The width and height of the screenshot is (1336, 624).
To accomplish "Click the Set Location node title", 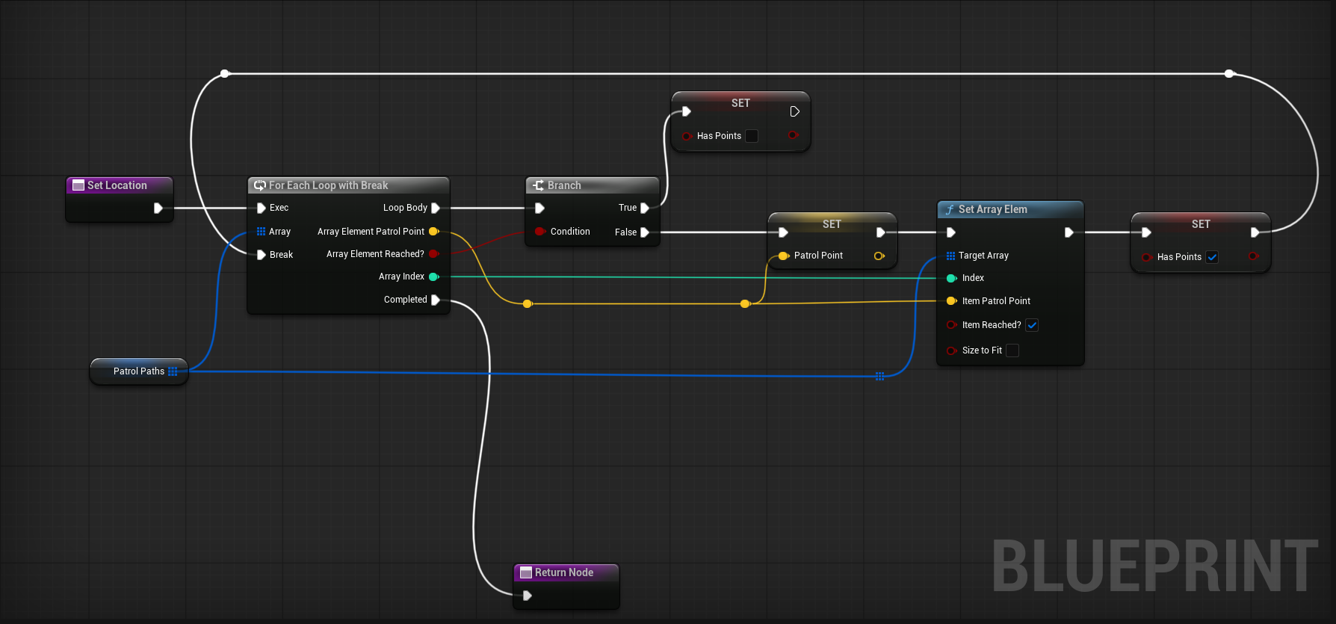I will coord(117,185).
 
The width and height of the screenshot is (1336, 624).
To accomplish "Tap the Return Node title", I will coord(563,572).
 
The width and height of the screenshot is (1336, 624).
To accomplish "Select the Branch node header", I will coord(564,185).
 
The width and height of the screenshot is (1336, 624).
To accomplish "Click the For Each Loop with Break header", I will coord(328,185).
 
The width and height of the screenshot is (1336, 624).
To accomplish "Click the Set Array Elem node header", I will coord(992,209).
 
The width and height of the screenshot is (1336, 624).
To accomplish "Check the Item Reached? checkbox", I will coord(1032,325).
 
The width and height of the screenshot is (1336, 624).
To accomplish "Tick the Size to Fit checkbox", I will coord(1012,350).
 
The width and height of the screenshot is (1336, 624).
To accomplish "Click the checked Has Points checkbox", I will coord(1212,257).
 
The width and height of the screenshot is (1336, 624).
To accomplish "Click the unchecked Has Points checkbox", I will coord(752,136).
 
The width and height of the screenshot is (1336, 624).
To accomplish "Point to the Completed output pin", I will coord(436,300).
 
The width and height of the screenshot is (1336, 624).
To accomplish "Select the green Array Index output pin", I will coord(433,277).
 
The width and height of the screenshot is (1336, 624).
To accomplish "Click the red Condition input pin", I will coord(539,232).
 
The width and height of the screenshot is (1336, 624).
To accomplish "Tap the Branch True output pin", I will coord(645,208).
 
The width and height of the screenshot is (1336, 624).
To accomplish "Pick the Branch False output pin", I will coord(645,232).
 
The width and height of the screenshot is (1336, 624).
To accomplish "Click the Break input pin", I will coord(262,255).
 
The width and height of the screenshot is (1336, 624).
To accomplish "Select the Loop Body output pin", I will coord(436,208).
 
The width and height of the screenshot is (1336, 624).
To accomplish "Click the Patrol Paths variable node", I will coord(139,371).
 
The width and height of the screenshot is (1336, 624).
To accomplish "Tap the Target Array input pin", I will coord(950,256).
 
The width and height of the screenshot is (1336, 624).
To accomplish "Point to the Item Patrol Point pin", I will coord(951,301).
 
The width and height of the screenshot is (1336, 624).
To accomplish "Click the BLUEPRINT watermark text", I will coord(1154,566).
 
